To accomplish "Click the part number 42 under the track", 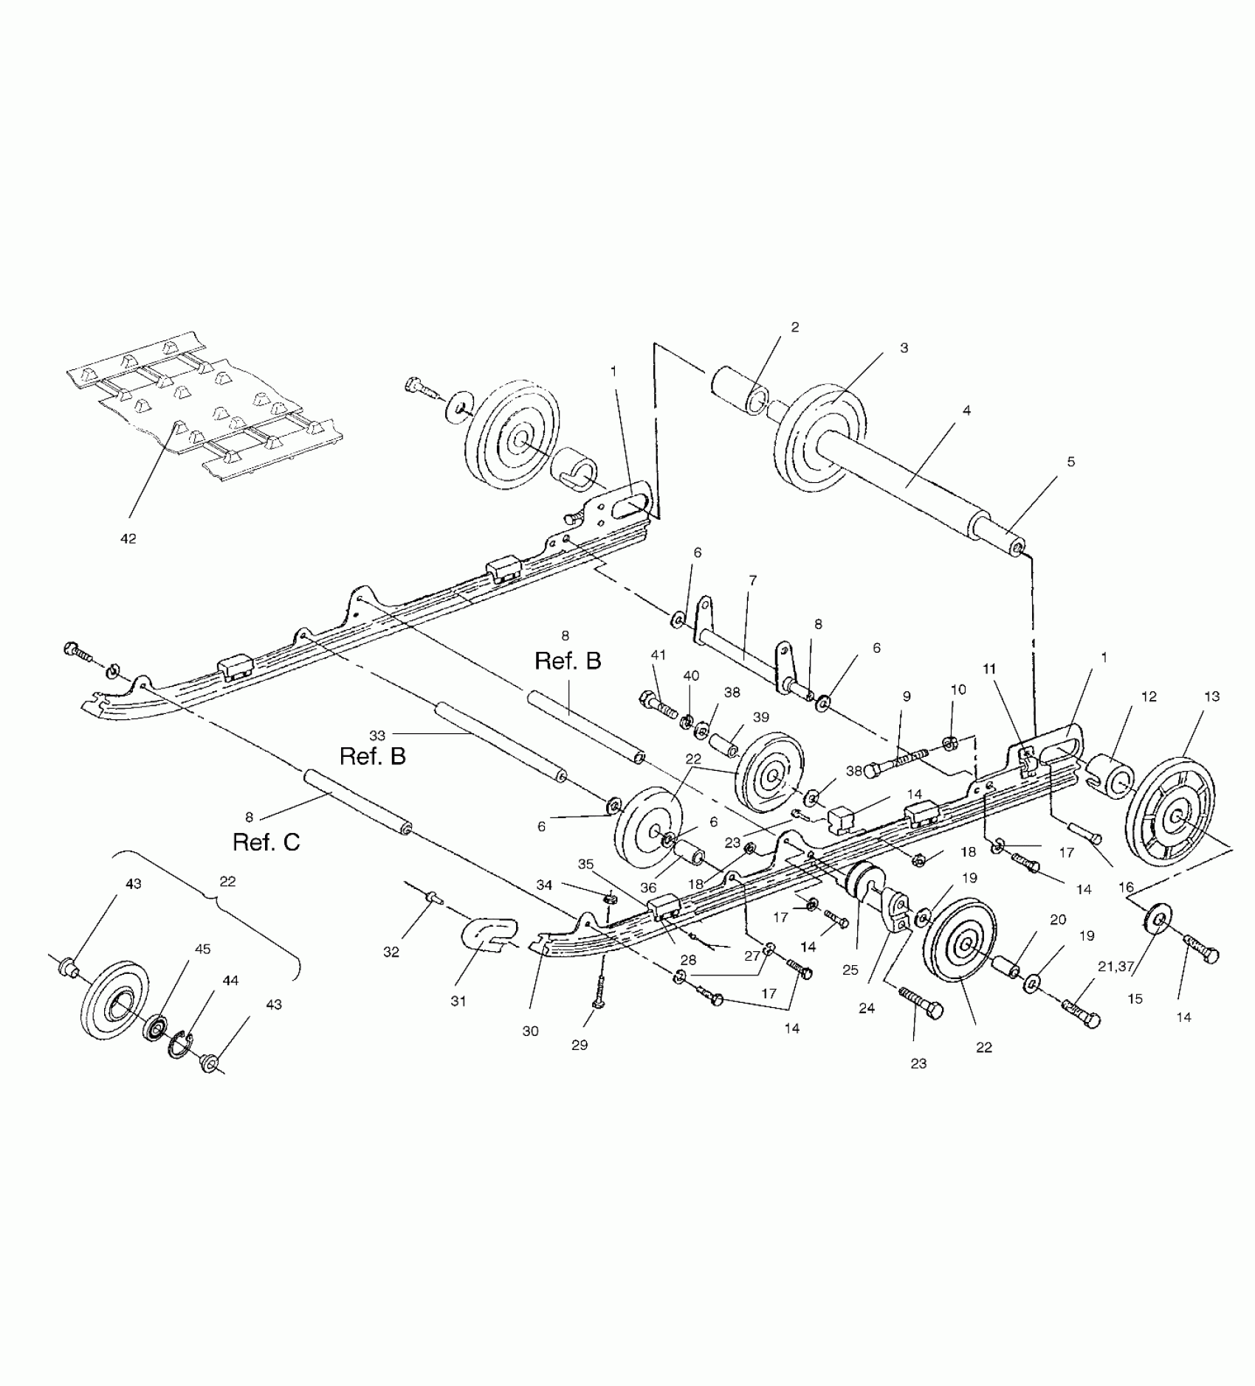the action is coord(128,539).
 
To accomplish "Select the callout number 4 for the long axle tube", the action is coord(966,410).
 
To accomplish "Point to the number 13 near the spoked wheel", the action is coord(1211,696).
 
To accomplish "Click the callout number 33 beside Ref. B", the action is coord(377,735).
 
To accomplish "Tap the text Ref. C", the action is coord(266,842).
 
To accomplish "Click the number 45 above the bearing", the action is coord(203,948).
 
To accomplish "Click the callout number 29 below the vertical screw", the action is coord(580,1045).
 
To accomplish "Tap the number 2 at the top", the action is coord(794,326).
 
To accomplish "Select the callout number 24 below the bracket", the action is coord(867,1008).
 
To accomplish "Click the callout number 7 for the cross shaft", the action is coord(752,580).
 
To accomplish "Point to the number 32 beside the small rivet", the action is coord(391,953).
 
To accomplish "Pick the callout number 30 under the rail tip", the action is coord(530,1032).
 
